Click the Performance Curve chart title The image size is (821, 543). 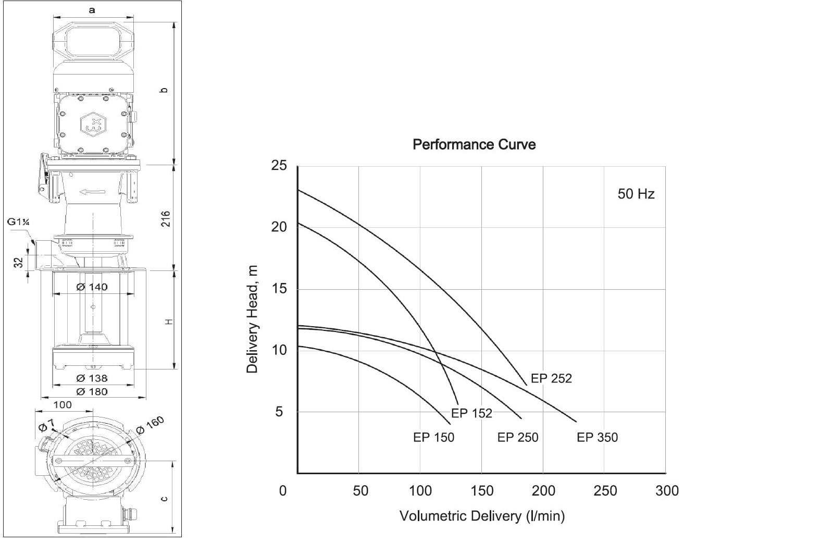pyautogui.click(x=474, y=144)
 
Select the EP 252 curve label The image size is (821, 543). pyautogui.click(x=551, y=378)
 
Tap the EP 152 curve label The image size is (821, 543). pyautogui.click(x=471, y=413)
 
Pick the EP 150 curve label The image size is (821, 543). pyautogui.click(x=433, y=437)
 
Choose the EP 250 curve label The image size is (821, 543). pyautogui.click(x=518, y=437)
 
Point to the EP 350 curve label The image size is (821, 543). pyautogui.click(x=597, y=437)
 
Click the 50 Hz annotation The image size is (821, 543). pyautogui.click(x=636, y=194)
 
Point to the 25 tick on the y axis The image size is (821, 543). pyautogui.click(x=279, y=166)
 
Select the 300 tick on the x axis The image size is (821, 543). pyautogui.click(x=667, y=491)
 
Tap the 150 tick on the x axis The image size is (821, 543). pyautogui.click(x=482, y=491)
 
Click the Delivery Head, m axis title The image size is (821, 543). pyautogui.click(x=252, y=319)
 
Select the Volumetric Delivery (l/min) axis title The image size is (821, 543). pyautogui.click(x=482, y=516)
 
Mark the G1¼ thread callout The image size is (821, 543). pyautogui.click(x=18, y=223)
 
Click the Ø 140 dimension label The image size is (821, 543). pyautogui.click(x=92, y=287)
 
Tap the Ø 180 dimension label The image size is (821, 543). pyautogui.click(x=92, y=391)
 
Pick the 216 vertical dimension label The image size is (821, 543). pyautogui.click(x=166, y=218)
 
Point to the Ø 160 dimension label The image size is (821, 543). pyautogui.click(x=150, y=425)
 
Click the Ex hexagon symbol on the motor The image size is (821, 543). pyautogui.click(x=93, y=124)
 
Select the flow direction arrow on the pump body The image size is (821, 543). pyautogui.click(x=93, y=192)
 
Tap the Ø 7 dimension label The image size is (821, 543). pyautogui.click(x=46, y=427)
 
